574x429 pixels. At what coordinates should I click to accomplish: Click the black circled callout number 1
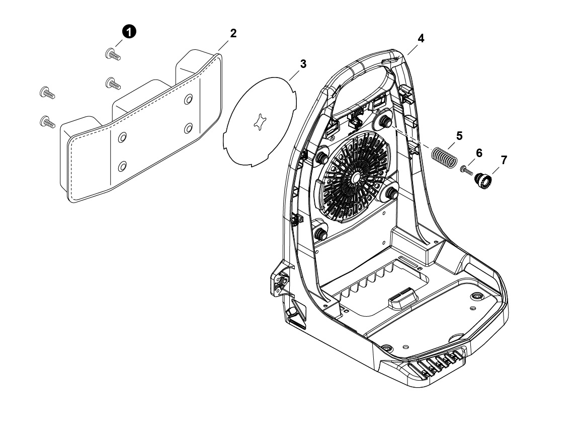tap(129, 32)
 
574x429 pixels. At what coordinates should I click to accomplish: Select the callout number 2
tap(233, 33)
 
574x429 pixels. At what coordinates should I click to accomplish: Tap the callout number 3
tap(303, 64)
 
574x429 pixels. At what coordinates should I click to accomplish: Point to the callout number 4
tap(421, 38)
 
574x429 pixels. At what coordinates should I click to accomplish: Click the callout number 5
tap(459, 136)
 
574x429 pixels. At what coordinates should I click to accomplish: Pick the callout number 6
tap(479, 153)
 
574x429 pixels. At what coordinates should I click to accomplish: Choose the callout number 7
tap(504, 160)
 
